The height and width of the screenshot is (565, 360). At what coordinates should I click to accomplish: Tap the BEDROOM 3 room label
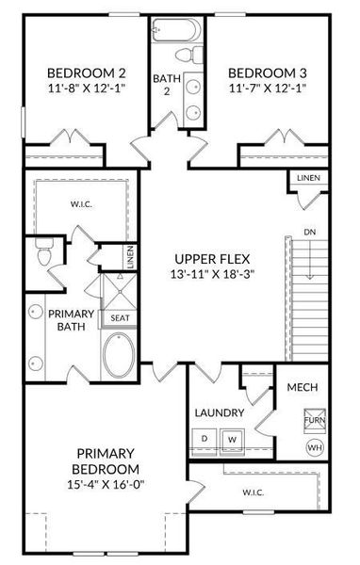[x=267, y=73]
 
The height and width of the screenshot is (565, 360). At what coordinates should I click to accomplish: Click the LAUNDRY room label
[x=220, y=412]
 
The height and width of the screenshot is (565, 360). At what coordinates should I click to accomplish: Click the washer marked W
[x=233, y=439]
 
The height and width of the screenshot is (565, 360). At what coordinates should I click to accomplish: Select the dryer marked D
[x=205, y=439]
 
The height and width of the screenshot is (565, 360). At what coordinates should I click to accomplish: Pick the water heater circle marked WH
[x=314, y=446]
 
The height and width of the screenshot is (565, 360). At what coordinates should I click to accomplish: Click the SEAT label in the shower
[x=120, y=317]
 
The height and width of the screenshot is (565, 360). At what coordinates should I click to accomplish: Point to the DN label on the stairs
[x=309, y=232]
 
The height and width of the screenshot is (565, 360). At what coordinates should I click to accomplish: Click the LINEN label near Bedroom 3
[x=307, y=178]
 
